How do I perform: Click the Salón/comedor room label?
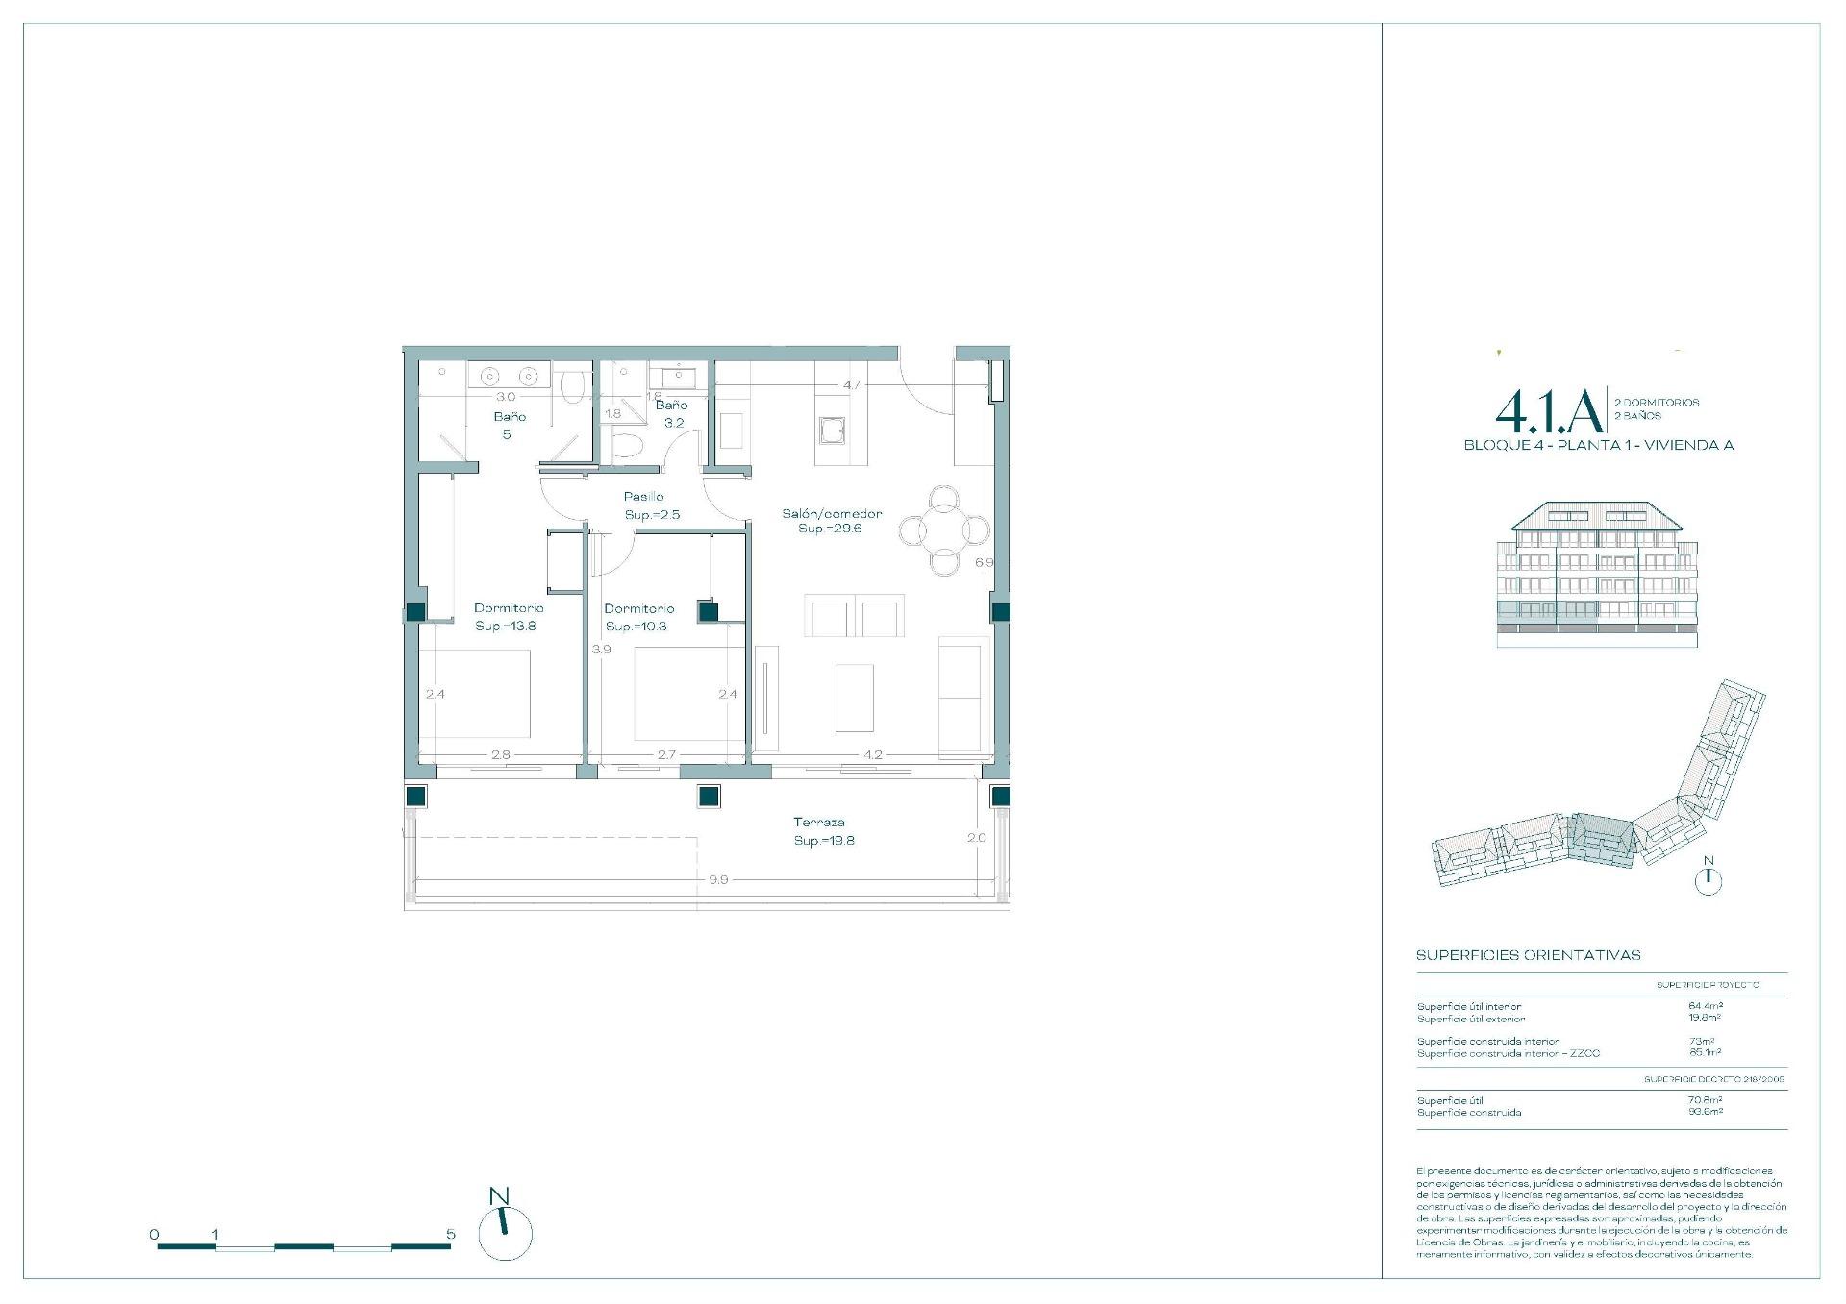coord(832,513)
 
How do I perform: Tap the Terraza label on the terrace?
coord(819,823)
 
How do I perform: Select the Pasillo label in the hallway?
coord(643,497)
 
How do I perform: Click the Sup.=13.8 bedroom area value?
coord(506,626)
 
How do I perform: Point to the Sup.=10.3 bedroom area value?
coord(636,627)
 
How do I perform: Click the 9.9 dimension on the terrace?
coord(717,879)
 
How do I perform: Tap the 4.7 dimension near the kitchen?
coord(852,385)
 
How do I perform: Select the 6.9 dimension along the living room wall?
coord(984,563)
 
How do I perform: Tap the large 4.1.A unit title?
coord(1548,412)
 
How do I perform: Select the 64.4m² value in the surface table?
coord(1706,1006)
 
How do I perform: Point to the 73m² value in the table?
coord(1702,1041)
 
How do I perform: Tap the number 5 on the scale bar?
coord(451,1234)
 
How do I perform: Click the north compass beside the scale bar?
coord(505,1232)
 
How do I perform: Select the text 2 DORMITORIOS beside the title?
coord(1657,403)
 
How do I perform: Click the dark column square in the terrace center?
coord(709,796)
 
